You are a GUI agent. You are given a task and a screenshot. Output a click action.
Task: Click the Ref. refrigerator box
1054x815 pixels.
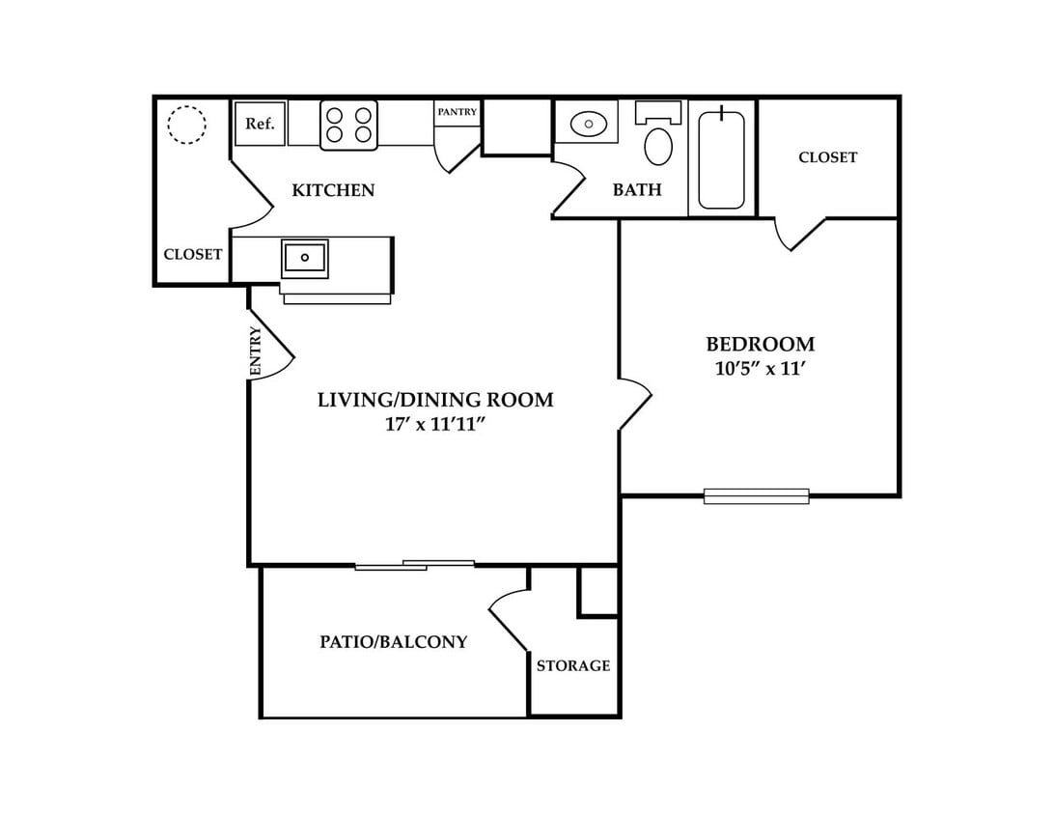(261, 124)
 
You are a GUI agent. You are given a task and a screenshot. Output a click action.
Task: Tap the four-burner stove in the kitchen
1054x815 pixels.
(348, 126)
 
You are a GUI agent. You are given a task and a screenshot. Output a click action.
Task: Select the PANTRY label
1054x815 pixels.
(458, 112)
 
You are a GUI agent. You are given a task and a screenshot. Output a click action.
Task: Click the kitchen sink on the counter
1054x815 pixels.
(304, 258)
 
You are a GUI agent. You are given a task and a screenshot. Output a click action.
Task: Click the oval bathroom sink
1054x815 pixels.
(588, 124)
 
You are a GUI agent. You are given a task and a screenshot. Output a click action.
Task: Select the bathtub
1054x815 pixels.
(721, 159)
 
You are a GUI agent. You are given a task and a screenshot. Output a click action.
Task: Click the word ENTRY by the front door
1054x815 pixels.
(256, 351)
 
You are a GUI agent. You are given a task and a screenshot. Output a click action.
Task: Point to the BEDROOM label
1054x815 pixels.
(761, 345)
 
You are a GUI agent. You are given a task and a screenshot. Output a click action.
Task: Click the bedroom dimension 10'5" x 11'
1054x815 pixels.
(761, 369)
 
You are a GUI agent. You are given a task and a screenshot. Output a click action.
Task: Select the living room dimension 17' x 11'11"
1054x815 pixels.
(435, 424)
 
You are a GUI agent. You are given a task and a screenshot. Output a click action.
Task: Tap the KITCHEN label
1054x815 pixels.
(333, 190)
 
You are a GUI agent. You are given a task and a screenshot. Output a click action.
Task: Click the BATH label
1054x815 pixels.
(637, 189)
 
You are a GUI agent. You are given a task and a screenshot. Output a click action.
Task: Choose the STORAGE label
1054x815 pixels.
(573, 665)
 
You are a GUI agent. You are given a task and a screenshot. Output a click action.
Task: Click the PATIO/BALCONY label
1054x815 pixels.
(394, 641)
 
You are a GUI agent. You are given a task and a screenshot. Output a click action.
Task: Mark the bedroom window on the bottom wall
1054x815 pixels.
(756, 496)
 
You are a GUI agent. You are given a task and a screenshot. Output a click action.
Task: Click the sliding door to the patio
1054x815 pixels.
(415, 565)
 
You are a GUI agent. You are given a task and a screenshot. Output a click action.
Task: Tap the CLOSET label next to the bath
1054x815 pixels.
(828, 157)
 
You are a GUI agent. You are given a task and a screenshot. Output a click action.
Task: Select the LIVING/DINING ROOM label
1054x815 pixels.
(435, 400)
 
